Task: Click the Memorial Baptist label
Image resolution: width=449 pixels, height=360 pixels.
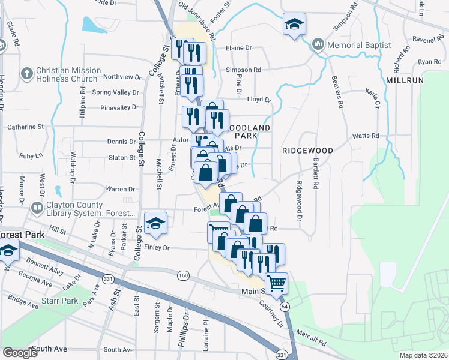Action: (358, 45)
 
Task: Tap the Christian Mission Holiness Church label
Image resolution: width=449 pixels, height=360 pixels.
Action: (66, 74)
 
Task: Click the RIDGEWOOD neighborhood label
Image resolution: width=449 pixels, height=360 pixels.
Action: (308, 150)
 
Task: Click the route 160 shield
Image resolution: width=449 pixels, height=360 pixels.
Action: (184, 275)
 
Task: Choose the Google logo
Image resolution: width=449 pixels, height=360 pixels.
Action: (20, 353)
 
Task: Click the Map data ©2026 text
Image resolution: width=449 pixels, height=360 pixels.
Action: (423, 355)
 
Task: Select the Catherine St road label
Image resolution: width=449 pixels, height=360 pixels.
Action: (26, 127)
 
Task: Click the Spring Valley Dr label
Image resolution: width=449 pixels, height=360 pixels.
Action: (115, 92)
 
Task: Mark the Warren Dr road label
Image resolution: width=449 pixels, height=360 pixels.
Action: (120, 189)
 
